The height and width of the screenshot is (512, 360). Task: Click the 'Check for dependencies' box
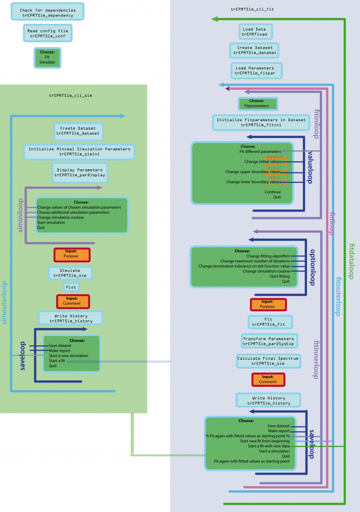click(x=48, y=13)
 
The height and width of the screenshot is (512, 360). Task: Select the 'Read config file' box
click(x=48, y=34)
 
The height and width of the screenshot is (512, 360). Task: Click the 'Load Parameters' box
click(x=256, y=70)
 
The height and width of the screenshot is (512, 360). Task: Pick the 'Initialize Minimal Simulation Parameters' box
click(x=79, y=152)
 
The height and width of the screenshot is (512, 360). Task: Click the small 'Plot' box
click(x=71, y=287)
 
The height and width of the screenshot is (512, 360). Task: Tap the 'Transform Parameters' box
click(x=268, y=341)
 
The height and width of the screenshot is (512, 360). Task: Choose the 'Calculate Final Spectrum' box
click(x=268, y=361)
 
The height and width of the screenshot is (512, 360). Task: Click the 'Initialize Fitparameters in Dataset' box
click(x=260, y=122)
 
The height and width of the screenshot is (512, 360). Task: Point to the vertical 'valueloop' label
click(x=311, y=166)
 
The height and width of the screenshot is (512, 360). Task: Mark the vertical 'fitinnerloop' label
click(x=316, y=360)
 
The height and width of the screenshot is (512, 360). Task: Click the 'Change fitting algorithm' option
click(x=268, y=256)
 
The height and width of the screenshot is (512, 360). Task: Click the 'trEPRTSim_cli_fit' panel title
click(x=253, y=10)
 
